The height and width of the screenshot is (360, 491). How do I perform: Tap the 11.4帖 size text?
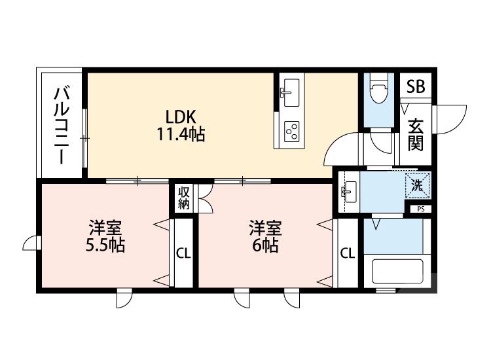[x=180, y=135]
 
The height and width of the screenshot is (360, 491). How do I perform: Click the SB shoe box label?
[x=415, y=86]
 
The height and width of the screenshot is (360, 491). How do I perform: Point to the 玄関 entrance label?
[x=415, y=134]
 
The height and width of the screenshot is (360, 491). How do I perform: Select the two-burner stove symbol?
[x=291, y=131]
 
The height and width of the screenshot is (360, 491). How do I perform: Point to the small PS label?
[x=420, y=209]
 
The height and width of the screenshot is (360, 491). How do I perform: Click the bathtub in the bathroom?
[x=397, y=271]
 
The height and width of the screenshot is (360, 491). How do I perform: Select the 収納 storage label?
[x=184, y=198]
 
